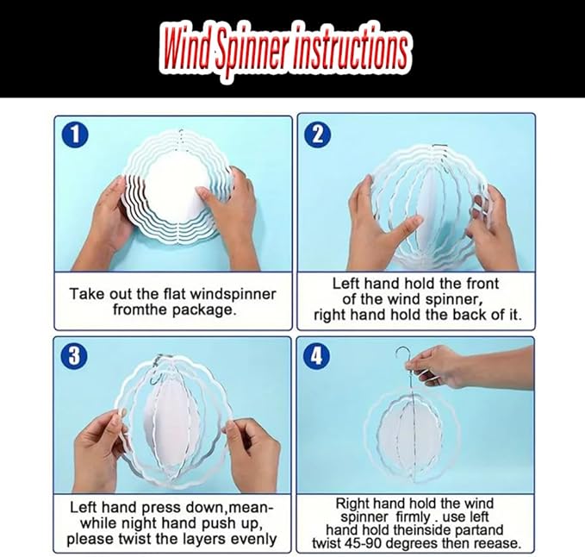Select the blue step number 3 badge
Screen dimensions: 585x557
(74, 355)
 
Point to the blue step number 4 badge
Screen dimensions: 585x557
(316, 355)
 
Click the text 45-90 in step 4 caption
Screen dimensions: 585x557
(359, 543)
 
